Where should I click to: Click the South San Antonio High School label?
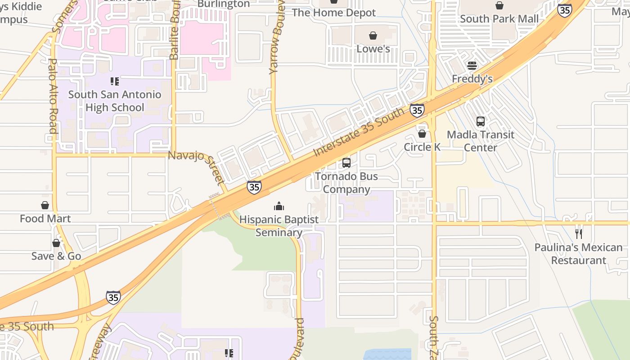[x=114, y=101]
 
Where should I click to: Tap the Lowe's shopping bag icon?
[x=373, y=36]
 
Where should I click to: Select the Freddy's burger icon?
[x=472, y=66]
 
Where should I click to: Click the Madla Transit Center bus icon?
[x=480, y=121]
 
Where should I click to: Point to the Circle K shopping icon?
[x=422, y=134]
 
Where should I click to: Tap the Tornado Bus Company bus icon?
[x=346, y=163]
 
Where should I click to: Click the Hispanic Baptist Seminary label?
[x=279, y=226]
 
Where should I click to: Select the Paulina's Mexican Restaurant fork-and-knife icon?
[x=579, y=234]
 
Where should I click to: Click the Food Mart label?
[x=45, y=219]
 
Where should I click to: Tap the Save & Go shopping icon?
[x=56, y=243]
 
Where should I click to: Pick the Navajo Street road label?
[x=197, y=167]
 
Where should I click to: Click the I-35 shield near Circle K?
[x=417, y=110]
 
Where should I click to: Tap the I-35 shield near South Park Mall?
[x=564, y=10]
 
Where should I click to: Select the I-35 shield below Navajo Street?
[x=254, y=187]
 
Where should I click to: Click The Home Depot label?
[x=333, y=13]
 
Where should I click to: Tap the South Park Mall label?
[x=499, y=19]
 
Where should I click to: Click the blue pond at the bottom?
[x=387, y=354]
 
